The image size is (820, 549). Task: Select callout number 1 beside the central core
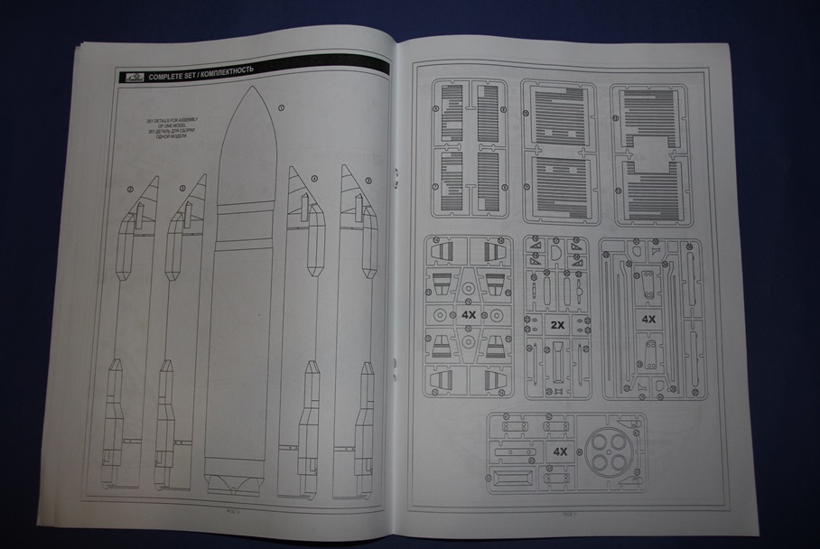click(x=281, y=107)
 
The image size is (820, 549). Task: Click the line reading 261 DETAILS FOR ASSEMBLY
click(x=173, y=119)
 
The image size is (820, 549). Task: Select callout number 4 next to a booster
click(x=313, y=179)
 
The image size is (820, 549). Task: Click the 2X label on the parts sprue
click(x=557, y=324)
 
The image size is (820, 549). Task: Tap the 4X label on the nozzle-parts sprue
click(x=469, y=316)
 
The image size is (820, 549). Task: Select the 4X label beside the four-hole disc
click(x=560, y=451)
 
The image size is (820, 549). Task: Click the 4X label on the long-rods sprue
click(x=648, y=320)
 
